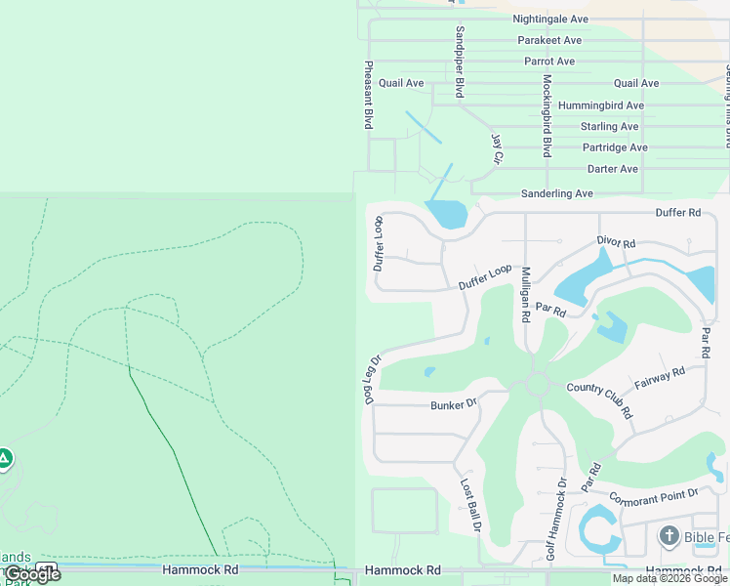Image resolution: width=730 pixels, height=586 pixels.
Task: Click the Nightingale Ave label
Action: click(x=550, y=19)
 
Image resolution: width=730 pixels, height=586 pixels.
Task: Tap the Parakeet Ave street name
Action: click(x=549, y=40)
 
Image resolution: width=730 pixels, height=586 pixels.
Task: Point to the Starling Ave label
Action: click(x=609, y=126)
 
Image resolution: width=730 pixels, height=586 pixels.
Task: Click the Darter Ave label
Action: click(x=613, y=169)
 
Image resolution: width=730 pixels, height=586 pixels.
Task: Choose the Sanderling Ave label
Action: click(x=556, y=193)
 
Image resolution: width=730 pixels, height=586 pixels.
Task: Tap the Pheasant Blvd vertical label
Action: click(x=369, y=95)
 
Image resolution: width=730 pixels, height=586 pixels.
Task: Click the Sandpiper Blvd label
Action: click(x=459, y=62)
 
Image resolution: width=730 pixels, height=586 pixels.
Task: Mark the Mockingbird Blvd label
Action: click(x=547, y=115)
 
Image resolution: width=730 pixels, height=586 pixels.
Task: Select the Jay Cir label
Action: click(x=498, y=149)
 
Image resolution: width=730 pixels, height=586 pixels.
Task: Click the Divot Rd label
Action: click(x=616, y=241)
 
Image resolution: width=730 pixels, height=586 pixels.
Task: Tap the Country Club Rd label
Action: click(x=600, y=401)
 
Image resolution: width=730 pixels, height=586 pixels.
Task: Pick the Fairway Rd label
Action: click(x=660, y=377)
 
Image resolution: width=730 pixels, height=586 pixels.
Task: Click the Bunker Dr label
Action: click(x=453, y=403)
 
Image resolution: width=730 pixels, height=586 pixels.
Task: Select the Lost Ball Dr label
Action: click(x=471, y=505)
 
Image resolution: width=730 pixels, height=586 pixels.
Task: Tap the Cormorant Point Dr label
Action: click(x=654, y=496)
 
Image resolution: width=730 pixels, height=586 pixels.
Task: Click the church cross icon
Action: click(x=669, y=535)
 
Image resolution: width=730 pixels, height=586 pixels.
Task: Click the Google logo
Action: click(x=32, y=574)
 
